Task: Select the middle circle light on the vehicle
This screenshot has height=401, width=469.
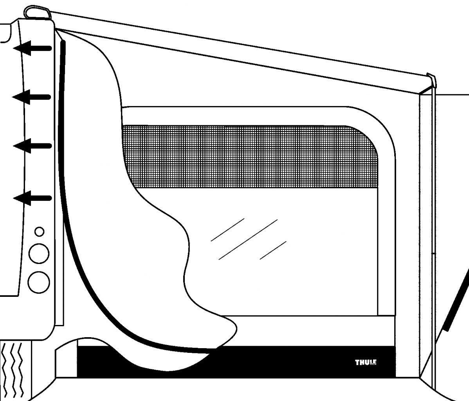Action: (x=39, y=253)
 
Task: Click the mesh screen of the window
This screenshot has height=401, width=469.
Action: (x=251, y=157)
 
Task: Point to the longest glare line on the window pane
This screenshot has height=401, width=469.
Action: (x=248, y=239)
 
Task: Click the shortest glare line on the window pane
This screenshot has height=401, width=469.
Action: (x=273, y=250)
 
